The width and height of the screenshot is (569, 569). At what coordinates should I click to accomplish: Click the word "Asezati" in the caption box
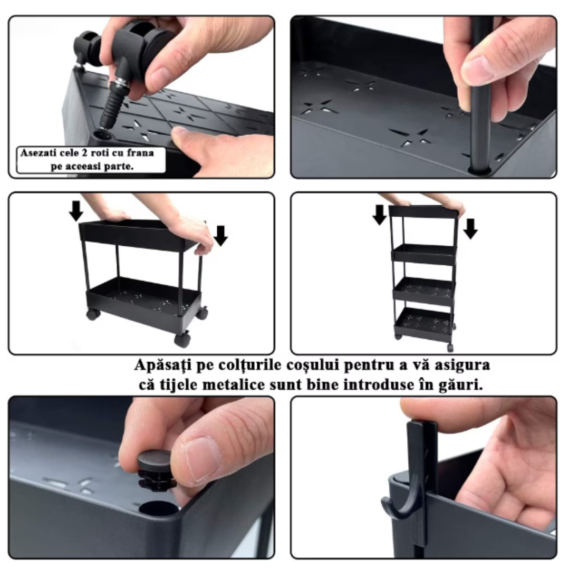(38, 153)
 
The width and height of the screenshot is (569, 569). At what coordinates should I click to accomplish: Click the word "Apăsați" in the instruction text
(162, 365)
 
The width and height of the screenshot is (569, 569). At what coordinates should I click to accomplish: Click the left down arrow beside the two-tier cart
(76, 211)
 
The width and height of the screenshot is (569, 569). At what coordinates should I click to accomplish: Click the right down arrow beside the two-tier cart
(220, 236)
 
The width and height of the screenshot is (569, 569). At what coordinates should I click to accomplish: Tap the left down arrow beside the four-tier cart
(380, 215)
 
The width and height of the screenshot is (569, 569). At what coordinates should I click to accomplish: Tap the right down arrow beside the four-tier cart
(470, 229)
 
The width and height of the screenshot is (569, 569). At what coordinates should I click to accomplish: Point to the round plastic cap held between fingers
(156, 469)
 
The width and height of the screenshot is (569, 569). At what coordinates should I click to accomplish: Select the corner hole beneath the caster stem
(103, 136)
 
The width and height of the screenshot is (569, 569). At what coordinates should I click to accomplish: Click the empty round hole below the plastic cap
(159, 508)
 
